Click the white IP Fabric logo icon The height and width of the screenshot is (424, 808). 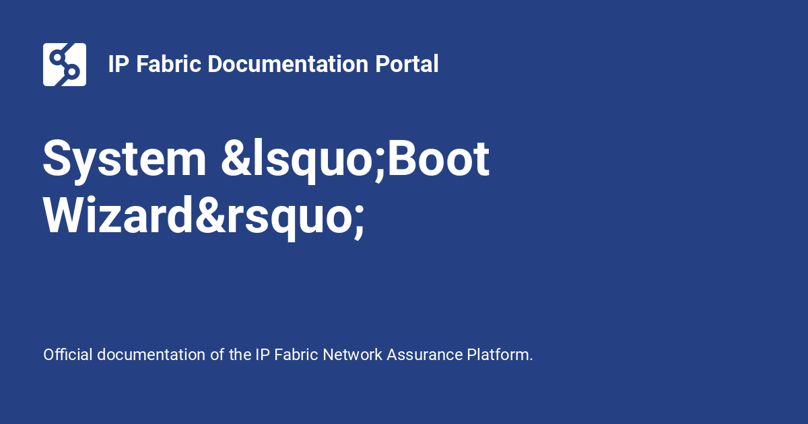pyautogui.click(x=65, y=65)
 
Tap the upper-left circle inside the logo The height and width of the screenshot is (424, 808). pyautogui.click(x=57, y=57)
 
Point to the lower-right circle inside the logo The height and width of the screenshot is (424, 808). pyautogui.click(x=72, y=72)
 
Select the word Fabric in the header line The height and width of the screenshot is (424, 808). pyautogui.click(x=168, y=64)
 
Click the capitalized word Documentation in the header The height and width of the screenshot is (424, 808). pyautogui.click(x=288, y=64)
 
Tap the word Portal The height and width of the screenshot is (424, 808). pyautogui.click(x=407, y=64)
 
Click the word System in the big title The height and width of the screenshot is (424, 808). pyautogui.click(x=125, y=160)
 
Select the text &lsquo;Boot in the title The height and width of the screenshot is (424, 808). pyautogui.click(x=355, y=160)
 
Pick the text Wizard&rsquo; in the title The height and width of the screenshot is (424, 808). pyautogui.click(x=204, y=216)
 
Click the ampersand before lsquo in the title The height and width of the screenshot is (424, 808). pyautogui.click(x=236, y=158)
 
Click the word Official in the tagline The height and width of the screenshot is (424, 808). pyautogui.click(x=68, y=355)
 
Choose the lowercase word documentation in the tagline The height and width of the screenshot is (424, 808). pyautogui.click(x=151, y=355)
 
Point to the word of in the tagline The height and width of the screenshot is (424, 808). pyautogui.click(x=217, y=355)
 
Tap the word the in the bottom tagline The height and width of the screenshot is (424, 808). pyautogui.click(x=240, y=355)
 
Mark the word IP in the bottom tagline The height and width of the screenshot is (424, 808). pyautogui.click(x=263, y=355)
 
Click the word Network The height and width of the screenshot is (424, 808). pyautogui.click(x=352, y=355)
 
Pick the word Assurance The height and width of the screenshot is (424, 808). pyautogui.click(x=425, y=355)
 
